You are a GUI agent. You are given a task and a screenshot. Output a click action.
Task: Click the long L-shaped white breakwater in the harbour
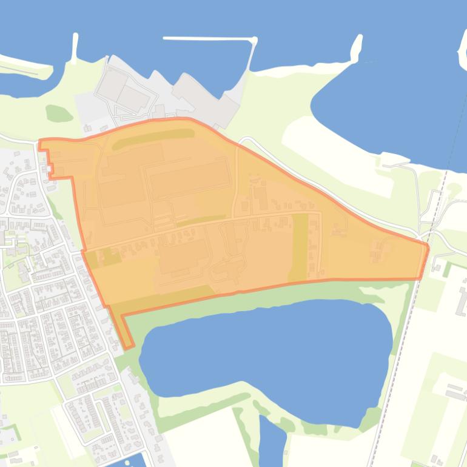209,39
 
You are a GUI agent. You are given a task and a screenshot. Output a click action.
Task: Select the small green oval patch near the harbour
58,113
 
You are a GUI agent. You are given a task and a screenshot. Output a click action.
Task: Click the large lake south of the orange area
267,358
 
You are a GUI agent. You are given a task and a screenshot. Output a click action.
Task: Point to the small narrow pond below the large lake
271,440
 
